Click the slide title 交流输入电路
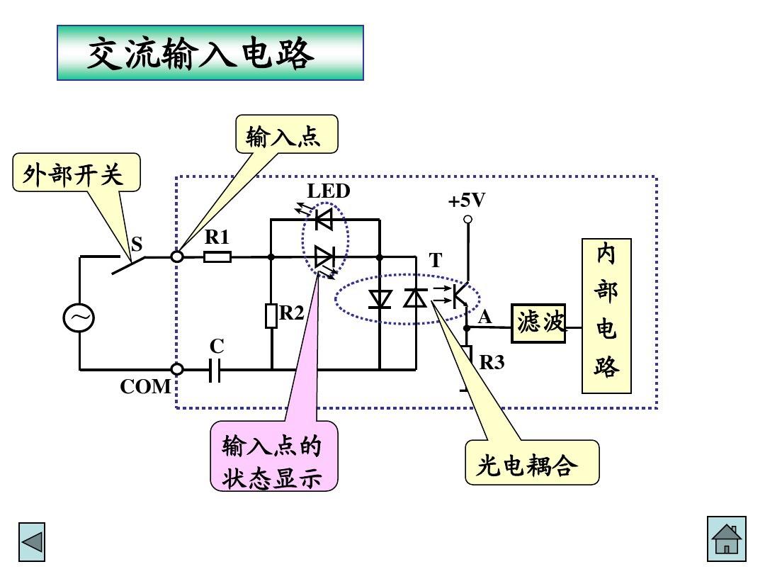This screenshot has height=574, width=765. (210, 53)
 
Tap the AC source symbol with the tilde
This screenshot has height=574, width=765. (79, 318)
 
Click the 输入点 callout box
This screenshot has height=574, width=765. (286, 135)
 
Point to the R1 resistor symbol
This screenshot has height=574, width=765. (217, 257)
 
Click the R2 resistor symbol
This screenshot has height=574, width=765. (271, 315)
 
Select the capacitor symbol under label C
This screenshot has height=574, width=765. (216, 369)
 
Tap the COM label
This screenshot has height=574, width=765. (145, 387)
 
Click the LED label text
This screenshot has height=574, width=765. (328, 191)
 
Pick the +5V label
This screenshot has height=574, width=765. (467, 201)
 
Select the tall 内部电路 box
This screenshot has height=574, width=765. (606, 315)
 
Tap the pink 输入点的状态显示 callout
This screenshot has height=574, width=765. (273, 458)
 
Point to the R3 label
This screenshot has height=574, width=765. (492, 363)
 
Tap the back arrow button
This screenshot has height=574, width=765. (32, 542)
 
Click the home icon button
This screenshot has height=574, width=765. (727, 539)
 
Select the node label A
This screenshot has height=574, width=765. (484, 318)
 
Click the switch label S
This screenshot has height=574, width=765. (137, 244)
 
